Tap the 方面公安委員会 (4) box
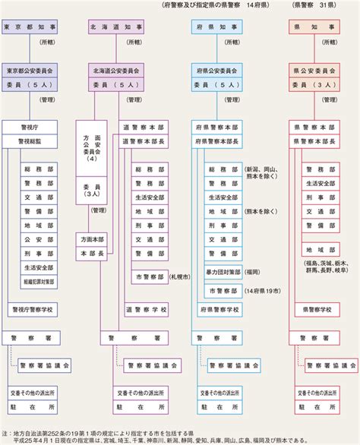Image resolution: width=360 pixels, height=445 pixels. [x=92, y=156]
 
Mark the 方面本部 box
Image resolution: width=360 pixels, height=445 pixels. [x=92, y=238]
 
